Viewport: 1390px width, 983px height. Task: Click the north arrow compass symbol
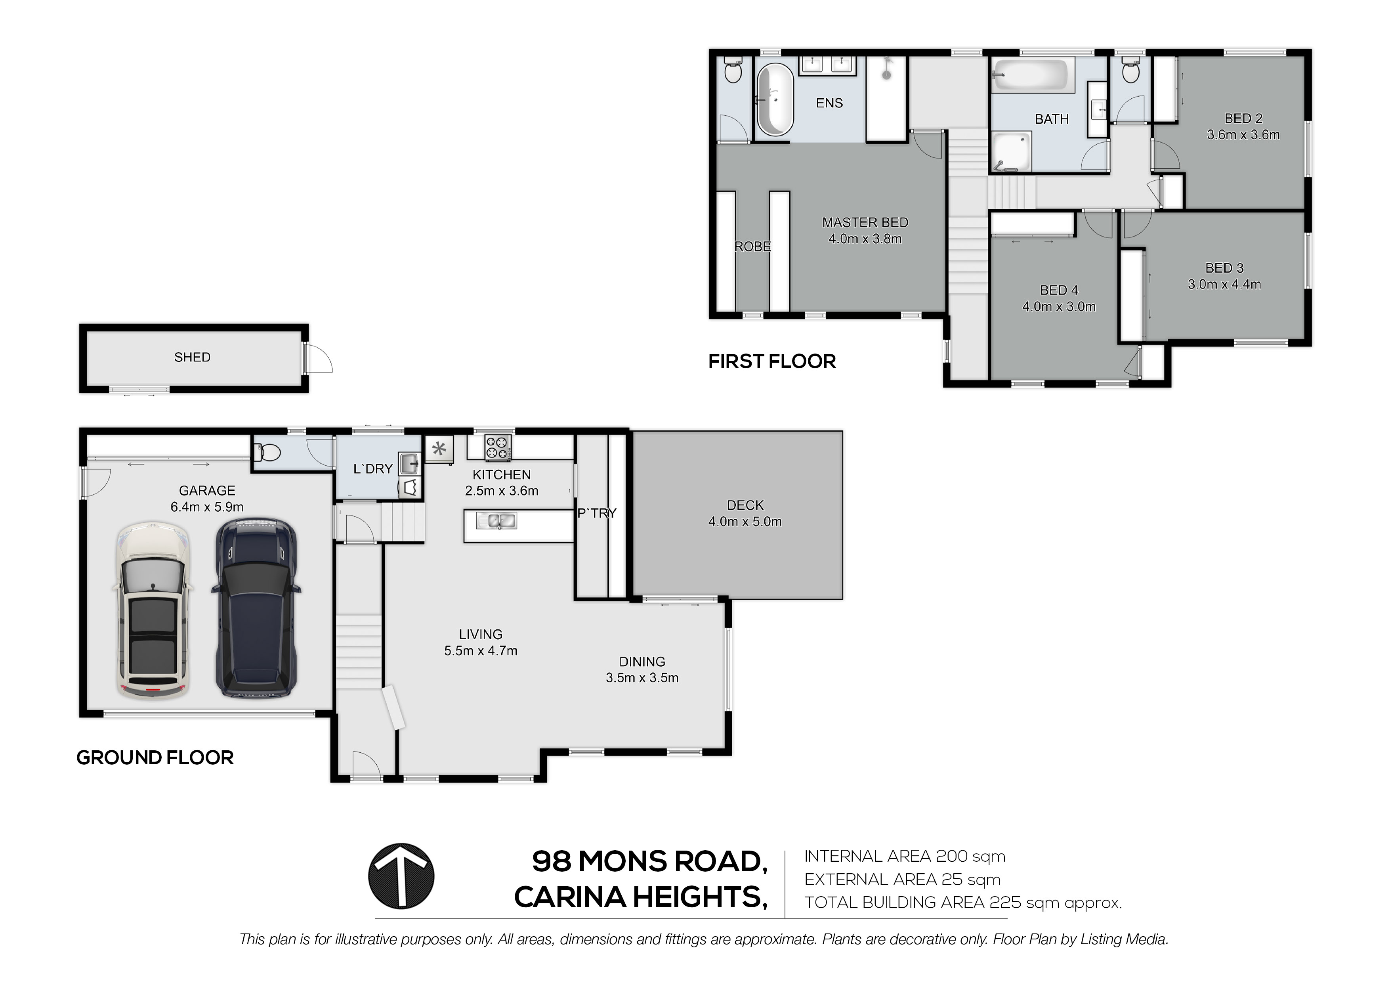click(x=401, y=876)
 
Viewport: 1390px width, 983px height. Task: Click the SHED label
click(x=193, y=358)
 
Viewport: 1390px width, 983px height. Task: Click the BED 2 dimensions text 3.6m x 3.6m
click(x=1243, y=134)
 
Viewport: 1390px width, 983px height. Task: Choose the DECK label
click(x=745, y=505)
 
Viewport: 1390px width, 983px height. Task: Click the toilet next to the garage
click(x=267, y=452)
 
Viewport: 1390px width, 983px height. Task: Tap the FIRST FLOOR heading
click(x=772, y=361)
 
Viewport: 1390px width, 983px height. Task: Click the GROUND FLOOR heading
click(x=155, y=758)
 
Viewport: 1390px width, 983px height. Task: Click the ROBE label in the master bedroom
click(x=752, y=247)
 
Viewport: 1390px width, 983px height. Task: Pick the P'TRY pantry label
click(x=597, y=513)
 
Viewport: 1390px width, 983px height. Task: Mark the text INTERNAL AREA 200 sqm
click(x=905, y=857)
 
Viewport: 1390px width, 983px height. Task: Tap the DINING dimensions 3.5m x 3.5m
click(x=642, y=678)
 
